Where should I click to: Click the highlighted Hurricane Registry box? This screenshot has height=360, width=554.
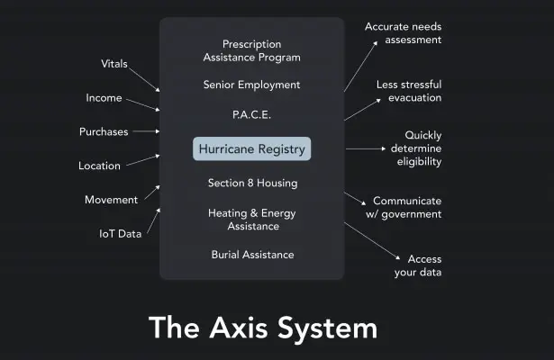[x=252, y=148]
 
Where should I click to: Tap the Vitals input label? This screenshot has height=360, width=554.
[x=114, y=64]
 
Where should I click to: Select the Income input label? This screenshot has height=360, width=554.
[x=104, y=98]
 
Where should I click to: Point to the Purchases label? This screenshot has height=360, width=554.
[x=104, y=131]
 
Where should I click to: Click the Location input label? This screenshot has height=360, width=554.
[x=99, y=166]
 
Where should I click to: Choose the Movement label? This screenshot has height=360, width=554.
[x=112, y=200]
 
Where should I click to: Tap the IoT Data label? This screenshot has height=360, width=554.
[x=120, y=234]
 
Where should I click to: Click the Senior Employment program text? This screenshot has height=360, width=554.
[x=251, y=85]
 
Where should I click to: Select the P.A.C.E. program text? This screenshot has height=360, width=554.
[x=251, y=114]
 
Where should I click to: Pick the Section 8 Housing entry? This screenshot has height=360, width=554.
[x=252, y=184]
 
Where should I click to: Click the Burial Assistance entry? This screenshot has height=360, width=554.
[x=252, y=255]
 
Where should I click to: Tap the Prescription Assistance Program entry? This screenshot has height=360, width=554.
[x=252, y=50]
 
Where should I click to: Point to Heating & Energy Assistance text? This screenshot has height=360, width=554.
[x=252, y=220]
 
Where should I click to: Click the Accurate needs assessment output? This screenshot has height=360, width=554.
[x=404, y=33]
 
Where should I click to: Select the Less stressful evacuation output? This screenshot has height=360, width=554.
[x=409, y=91]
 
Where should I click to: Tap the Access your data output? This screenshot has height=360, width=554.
[x=418, y=265]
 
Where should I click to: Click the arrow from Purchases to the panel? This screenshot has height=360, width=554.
[x=146, y=131]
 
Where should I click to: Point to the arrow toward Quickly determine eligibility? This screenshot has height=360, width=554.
[x=366, y=148]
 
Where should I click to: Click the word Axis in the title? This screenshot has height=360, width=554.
[x=239, y=328]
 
